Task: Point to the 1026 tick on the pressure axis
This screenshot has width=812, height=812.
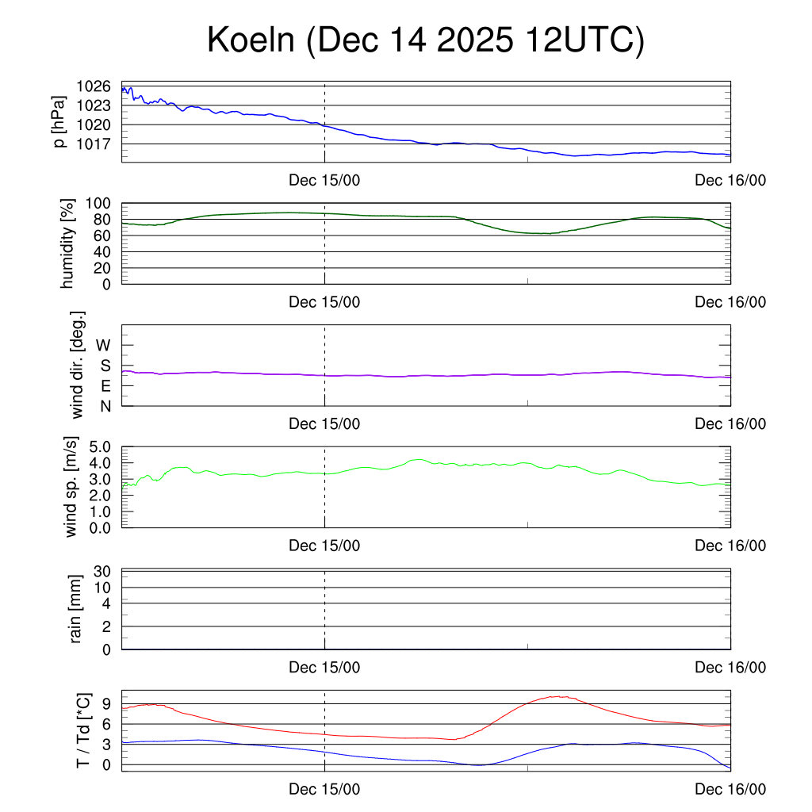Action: click(94, 86)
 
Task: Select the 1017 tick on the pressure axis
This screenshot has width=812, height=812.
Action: click(94, 144)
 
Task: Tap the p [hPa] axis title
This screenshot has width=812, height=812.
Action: click(59, 123)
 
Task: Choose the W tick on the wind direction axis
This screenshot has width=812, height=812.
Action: click(104, 345)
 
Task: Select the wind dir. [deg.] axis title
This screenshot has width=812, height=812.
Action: click(78, 365)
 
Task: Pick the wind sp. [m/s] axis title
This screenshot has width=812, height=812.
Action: click(72, 487)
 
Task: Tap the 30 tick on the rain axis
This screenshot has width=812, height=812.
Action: click(102, 572)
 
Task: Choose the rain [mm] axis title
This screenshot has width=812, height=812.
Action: click(76, 609)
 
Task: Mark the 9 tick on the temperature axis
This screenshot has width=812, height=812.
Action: click(106, 703)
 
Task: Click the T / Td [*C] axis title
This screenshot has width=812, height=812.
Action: click(82, 730)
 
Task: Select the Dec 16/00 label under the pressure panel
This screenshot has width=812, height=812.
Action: click(730, 180)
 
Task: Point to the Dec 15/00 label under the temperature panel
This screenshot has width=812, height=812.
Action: click(324, 789)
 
